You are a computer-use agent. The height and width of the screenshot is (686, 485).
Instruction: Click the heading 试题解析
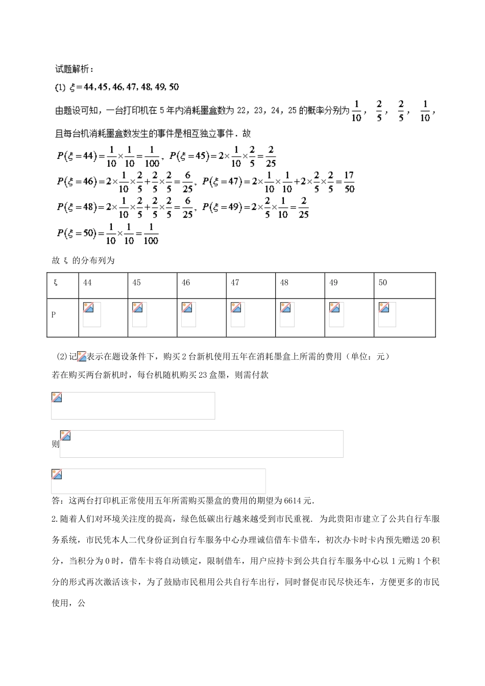[74, 69]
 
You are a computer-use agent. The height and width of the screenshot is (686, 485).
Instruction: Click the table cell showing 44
[87, 283]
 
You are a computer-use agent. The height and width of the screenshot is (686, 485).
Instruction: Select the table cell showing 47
[235, 283]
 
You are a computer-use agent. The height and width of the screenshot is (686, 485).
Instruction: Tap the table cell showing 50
[383, 283]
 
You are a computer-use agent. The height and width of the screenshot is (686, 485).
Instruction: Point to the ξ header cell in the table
[55, 283]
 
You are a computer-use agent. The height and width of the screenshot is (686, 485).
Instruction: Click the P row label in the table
[54, 315]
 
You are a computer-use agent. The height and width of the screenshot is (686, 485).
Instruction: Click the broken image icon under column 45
[137, 307]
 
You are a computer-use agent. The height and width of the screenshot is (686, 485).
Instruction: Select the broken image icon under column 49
[335, 307]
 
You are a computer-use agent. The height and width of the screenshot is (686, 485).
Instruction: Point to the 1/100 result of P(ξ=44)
[152, 157]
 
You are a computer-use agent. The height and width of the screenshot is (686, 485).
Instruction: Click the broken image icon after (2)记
[82, 357]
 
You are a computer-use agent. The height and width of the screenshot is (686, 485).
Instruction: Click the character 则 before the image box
[55, 444]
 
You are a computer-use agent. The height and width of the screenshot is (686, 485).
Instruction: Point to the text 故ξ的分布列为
[83, 260]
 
